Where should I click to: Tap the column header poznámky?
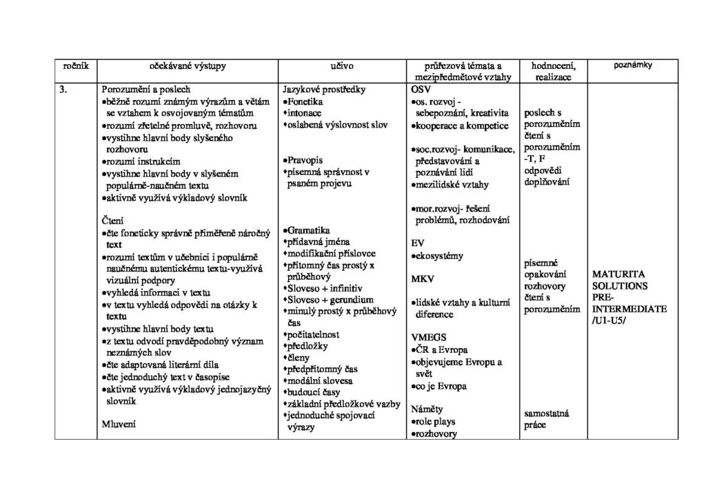point(633,65)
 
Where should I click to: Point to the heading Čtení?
point(112,221)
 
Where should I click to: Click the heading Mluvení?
point(119,425)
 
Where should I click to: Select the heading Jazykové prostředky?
point(324,90)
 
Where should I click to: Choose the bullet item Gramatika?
point(309,230)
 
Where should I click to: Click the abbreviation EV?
point(417,243)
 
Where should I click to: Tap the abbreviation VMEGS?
point(428,337)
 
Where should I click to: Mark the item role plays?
point(435,421)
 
